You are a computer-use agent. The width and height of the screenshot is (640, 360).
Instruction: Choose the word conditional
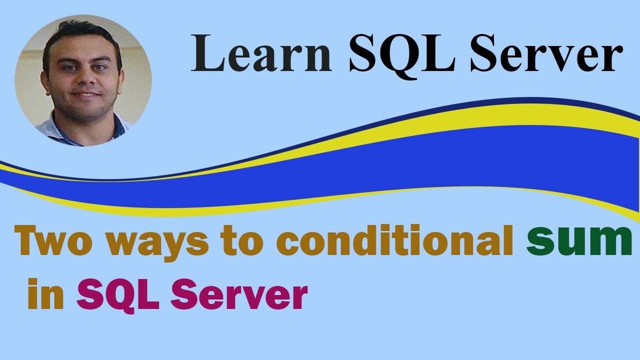pos(394,241)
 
